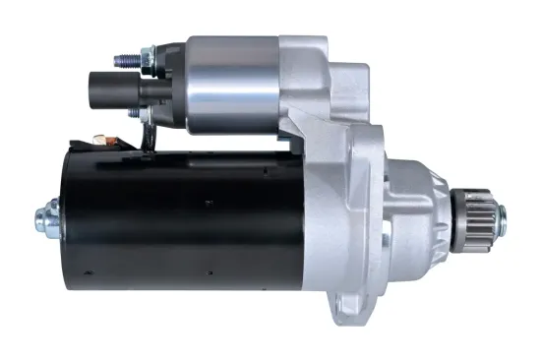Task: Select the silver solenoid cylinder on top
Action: (231, 83)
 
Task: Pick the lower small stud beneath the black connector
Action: (142, 115)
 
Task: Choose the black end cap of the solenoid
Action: (171, 83)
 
